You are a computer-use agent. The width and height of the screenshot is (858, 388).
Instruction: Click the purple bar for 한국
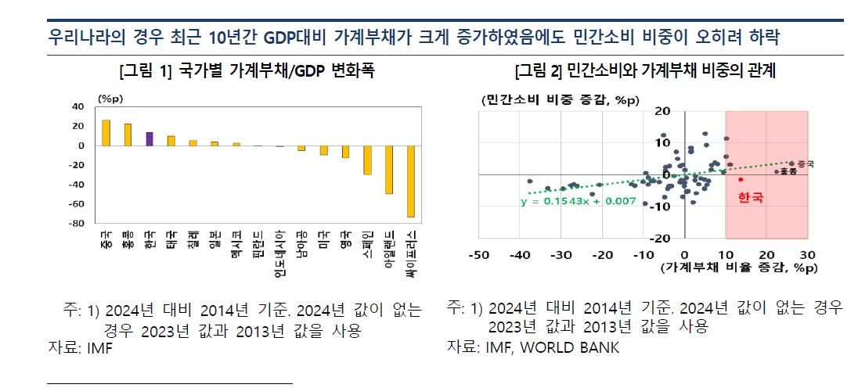(x=150, y=138)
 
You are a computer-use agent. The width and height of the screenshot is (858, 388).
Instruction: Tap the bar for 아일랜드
(x=388, y=169)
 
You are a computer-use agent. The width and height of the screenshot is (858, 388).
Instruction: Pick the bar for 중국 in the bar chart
(x=106, y=133)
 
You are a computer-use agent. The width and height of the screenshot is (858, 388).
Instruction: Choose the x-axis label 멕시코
(x=236, y=244)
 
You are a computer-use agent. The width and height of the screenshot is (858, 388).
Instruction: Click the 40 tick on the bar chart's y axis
(x=78, y=106)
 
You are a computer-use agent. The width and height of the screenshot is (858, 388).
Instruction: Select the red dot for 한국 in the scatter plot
(x=741, y=179)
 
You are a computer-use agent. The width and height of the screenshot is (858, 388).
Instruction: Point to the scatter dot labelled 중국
(x=791, y=164)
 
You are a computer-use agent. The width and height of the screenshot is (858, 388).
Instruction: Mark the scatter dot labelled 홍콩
(x=776, y=171)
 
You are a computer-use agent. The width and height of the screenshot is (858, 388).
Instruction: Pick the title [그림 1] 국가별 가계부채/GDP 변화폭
(x=246, y=71)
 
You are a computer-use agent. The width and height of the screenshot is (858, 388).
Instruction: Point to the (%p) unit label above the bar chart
(x=105, y=97)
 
